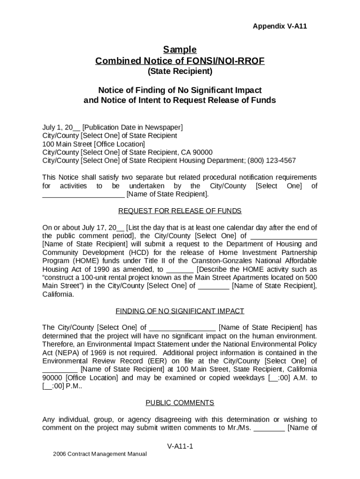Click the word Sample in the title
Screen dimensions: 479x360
tap(180, 50)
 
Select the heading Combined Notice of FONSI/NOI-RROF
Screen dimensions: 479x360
tap(180, 61)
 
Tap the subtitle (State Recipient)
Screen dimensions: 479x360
tap(180, 72)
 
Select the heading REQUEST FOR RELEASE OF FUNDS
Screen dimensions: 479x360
tap(180, 210)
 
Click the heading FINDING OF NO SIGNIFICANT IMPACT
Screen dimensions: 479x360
tap(180, 311)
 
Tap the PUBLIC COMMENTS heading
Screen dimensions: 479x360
tap(180, 403)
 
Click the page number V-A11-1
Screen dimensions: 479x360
tap(180, 446)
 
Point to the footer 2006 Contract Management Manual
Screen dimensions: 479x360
tap(100, 454)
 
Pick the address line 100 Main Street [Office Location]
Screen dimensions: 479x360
tap(94, 144)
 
